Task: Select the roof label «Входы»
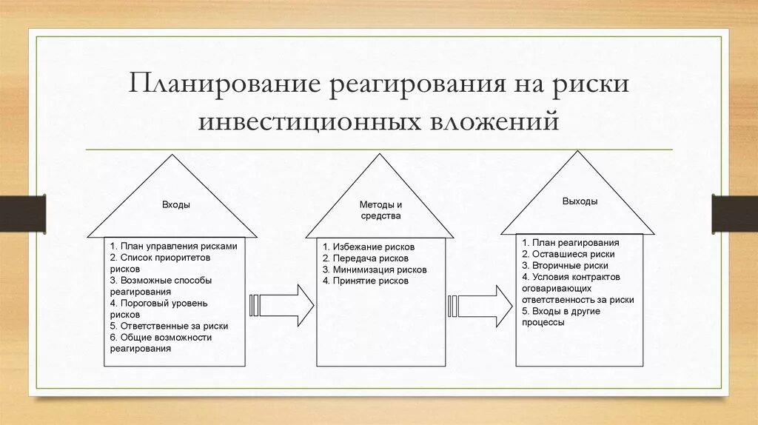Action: point(176,205)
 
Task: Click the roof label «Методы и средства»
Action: point(380,210)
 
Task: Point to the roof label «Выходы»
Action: point(580,201)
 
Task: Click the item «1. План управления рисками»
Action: point(173,246)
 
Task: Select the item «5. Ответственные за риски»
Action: point(169,326)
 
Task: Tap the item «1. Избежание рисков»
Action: point(369,247)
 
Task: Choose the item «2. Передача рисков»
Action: point(365,258)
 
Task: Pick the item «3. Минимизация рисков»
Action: point(375,270)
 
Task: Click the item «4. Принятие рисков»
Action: point(365,281)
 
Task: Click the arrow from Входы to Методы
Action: point(284,304)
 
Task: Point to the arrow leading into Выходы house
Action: point(481,304)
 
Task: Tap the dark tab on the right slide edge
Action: point(735,213)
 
